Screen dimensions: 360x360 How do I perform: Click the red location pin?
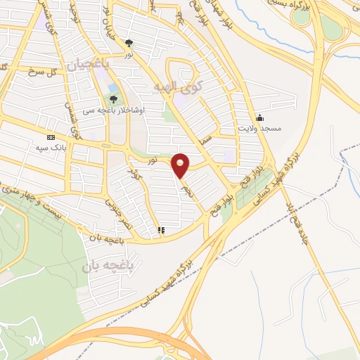click(x=181, y=165)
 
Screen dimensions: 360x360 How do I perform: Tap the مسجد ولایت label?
click(x=259, y=129)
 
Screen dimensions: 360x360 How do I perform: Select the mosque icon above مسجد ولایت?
click(x=259, y=117)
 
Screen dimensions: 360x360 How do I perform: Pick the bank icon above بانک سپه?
click(x=51, y=138)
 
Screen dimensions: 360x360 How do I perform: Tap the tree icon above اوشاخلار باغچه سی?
click(x=115, y=99)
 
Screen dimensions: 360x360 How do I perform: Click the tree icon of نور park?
click(x=129, y=42)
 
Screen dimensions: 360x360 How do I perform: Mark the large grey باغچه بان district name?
click(x=107, y=266)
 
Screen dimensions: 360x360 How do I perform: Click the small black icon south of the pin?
click(x=161, y=229)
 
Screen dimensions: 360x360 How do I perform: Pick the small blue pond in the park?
click(x=112, y=87)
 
